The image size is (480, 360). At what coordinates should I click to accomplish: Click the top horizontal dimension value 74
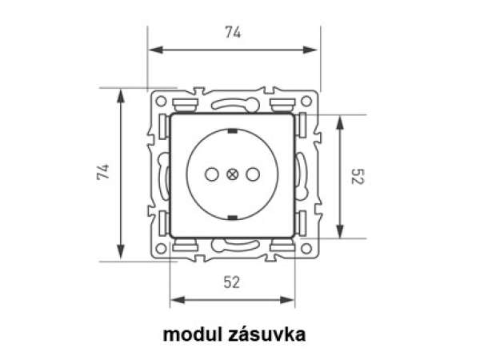(x=233, y=32)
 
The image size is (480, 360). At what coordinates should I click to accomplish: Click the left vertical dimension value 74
(x=103, y=172)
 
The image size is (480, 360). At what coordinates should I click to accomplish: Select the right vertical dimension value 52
(x=357, y=176)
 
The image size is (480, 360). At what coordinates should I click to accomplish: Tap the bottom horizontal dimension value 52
(x=232, y=282)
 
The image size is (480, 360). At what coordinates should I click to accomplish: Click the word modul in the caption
(x=192, y=334)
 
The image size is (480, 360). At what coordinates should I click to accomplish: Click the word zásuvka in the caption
(x=266, y=334)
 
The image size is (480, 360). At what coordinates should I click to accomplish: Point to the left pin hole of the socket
(x=211, y=174)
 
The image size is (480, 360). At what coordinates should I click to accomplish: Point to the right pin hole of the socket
(x=253, y=174)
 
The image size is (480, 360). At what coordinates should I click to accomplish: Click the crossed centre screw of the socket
(x=232, y=174)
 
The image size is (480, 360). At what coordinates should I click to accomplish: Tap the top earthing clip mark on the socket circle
(x=233, y=131)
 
